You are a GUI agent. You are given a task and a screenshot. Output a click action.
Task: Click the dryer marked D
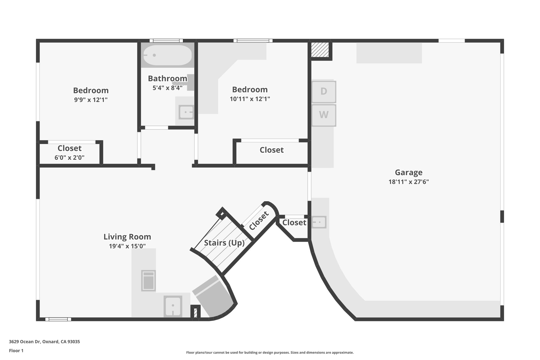pyautogui.click(x=324, y=92)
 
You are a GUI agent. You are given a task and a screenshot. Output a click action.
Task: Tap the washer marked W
pyautogui.click(x=324, y=115)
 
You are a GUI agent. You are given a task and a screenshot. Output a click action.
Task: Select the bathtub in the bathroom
pyautogui.click(x=167, y=55)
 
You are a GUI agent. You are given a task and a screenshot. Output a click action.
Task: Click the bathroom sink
pyautogui.click(x=186, y=112)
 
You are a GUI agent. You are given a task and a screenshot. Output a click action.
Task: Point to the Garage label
pyautogui.click(x=408, y=172)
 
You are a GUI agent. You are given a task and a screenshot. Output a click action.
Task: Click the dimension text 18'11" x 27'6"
pyautogui.click(x=408, y=182)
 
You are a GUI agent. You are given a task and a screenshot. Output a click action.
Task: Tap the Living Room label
pyautogui.click(x=127, y=237)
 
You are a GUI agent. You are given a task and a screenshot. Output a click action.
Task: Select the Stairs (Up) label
pyautogui.click(x=224, y=243)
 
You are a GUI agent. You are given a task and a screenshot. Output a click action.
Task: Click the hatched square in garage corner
pyautogui.click(x=320, y=50)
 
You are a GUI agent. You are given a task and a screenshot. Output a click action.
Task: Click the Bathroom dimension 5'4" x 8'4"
pyautogui.click(x=167, y=88)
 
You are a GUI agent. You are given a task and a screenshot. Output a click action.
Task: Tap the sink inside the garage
pyautogui.click(x=319, y=222)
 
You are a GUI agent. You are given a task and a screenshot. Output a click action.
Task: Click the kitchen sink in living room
pyautogui.click(x=173, y=306)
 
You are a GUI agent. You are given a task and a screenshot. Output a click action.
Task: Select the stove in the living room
pyautogui.click(x=148, y=281)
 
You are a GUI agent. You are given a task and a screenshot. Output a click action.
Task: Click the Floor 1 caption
pyautogui.click(x=16, y=351)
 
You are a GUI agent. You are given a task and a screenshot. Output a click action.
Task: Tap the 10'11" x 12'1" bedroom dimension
pyautogui.click(x=250, y=99)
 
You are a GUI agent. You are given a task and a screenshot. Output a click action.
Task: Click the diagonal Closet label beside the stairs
pyautogui.click(x=259, y=220)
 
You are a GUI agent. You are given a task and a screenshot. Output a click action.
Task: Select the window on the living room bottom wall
pyautogui.click(x=58, y=319)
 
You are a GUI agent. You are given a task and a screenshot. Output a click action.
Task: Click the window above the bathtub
pyautogui.click(x=166, y=41)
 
